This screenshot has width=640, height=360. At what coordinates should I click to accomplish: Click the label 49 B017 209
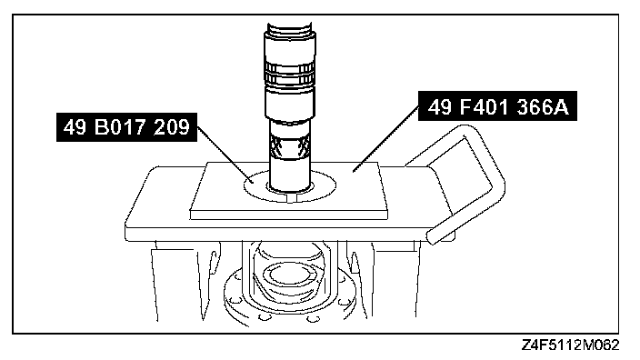[126, 127]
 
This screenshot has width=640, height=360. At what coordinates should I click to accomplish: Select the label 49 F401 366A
[497, 106]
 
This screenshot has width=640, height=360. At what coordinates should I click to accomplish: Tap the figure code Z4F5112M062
[571, 345]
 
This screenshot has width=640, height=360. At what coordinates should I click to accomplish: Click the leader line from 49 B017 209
[225, 155]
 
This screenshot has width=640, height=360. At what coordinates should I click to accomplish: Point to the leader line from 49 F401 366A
[386, 138]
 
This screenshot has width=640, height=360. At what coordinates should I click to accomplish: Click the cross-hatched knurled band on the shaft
[290, 146]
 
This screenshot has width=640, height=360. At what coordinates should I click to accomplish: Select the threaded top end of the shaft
[290, 28]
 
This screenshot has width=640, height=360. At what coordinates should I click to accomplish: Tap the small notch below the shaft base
[290, 198]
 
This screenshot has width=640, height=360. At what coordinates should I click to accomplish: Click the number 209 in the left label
[172, 127]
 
